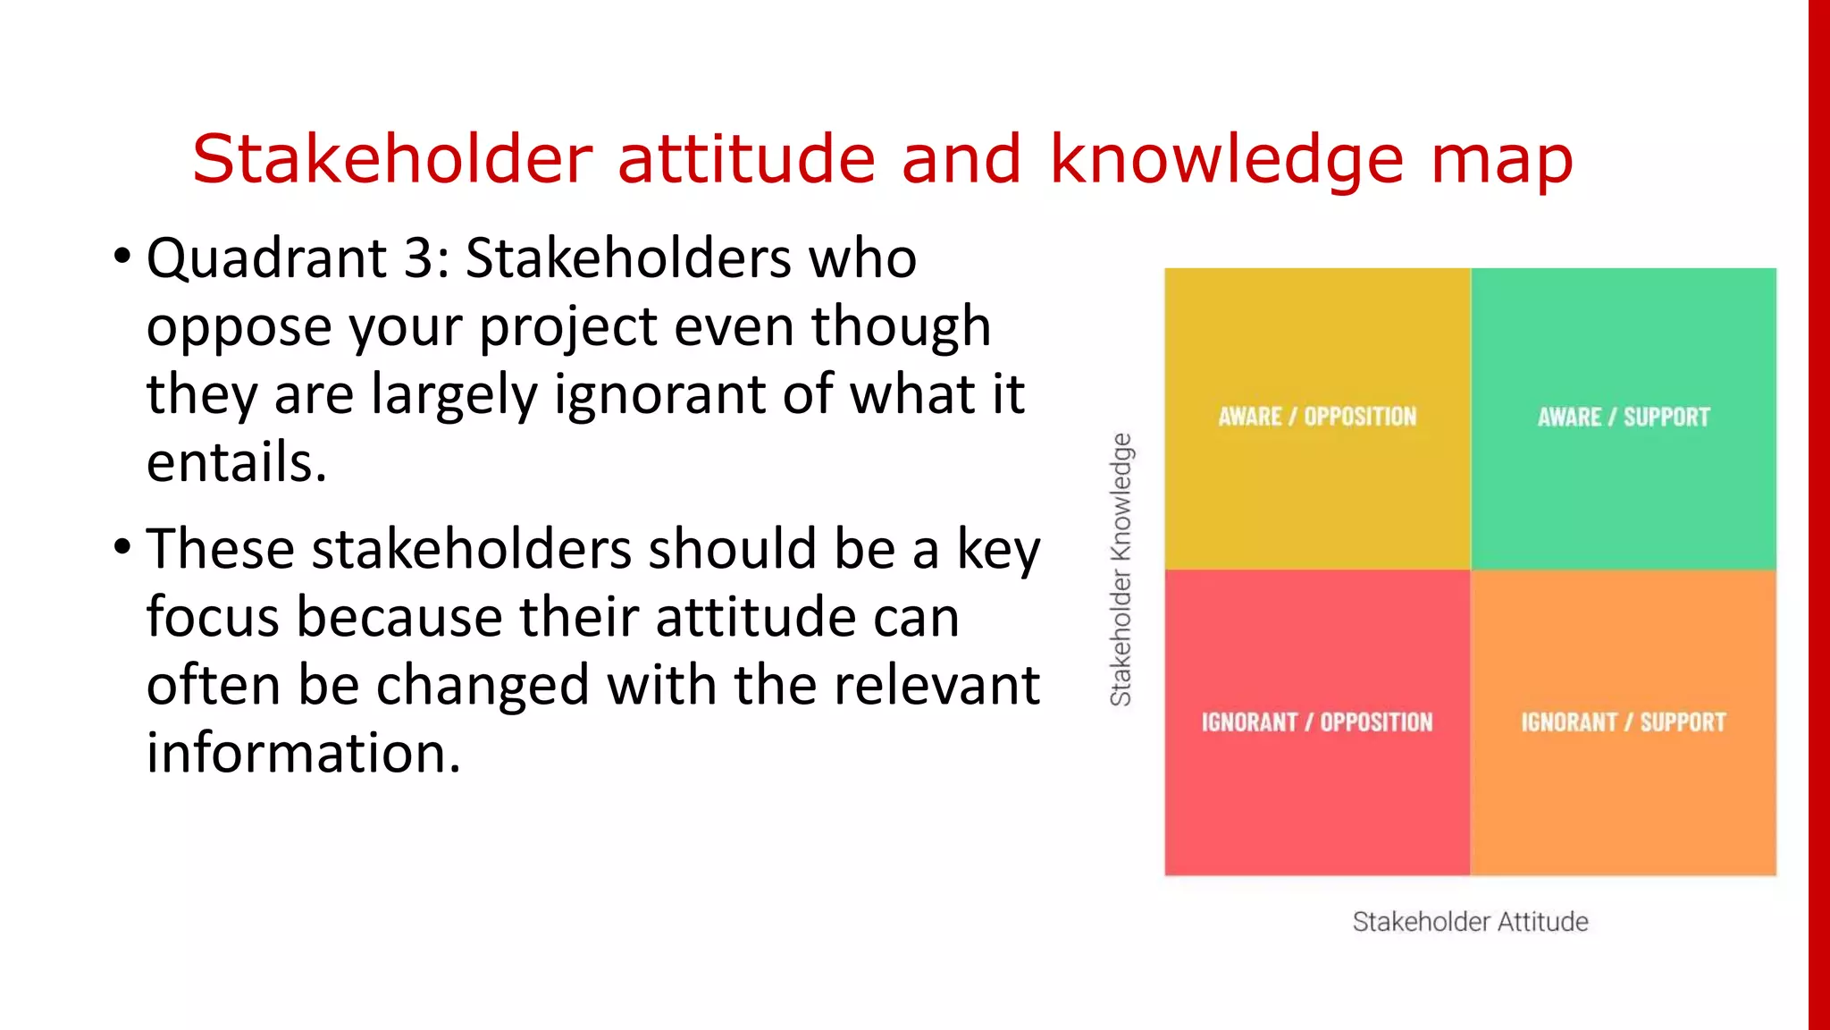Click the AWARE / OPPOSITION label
tap(1317, 417)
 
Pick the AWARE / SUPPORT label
tap(1623, 417)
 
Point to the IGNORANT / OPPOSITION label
tap(1316, 722)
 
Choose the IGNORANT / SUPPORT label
tap(1623, 722)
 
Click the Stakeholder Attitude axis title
tap(1470, 922)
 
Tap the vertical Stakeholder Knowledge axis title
tap(1121, 570)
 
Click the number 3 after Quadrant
tap(417, 258)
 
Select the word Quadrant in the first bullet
tap(266, 260)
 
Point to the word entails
tap(236, 462)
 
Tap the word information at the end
tap(303, 753)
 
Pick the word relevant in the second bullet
tap(936, 685)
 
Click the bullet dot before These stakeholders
tap(122, 546)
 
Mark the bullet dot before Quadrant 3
tap(122, 257)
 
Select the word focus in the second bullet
tap(213, 617)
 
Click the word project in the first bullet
tap(567, 327)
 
